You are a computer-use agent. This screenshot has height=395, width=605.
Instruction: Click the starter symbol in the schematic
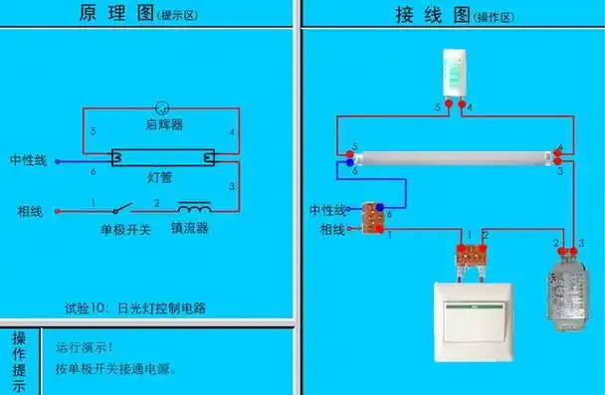coord(163,106)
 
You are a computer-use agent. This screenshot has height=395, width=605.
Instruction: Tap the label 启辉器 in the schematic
coord(163,125)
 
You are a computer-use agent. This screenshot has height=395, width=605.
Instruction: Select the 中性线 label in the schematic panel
coord(28,160)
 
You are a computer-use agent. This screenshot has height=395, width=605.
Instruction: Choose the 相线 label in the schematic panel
coord(29,211)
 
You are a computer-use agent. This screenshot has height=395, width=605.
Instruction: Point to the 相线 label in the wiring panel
coord(332,230)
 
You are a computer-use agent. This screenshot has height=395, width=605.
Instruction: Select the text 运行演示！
coord(85,347)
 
